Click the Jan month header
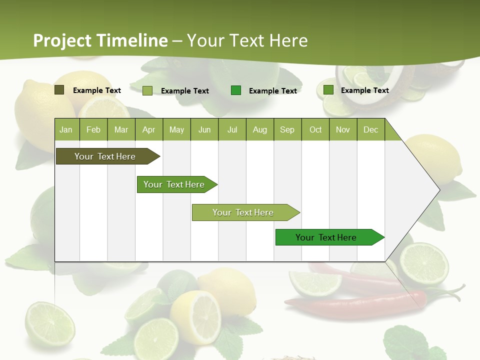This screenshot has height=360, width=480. [66, 129]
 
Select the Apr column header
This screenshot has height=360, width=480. [148, 129]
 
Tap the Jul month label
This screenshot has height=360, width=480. [232, 129]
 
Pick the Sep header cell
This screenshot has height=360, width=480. [287, 129]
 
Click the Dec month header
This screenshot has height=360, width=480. [370, 129]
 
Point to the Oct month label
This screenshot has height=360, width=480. [315, 129]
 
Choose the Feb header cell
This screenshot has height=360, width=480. [93, 129]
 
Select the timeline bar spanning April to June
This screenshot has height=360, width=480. [175, 184]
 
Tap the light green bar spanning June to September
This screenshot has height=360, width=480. [244, 212]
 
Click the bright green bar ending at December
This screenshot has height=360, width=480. [328, 237]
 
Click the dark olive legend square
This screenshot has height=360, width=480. [59, 90]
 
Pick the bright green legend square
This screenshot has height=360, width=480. [236, 90]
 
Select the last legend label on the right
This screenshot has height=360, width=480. [364, 90]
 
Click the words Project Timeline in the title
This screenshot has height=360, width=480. [100, 40]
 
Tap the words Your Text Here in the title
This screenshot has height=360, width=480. [247, 40]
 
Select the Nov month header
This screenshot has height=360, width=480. [342, 129]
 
